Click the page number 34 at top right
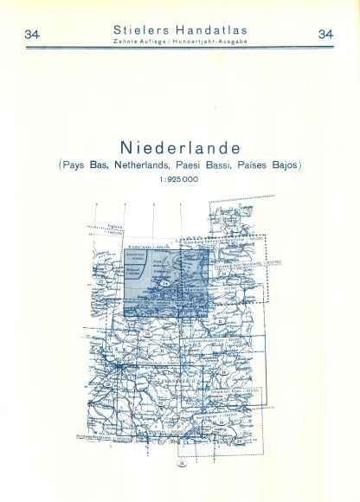click(326, 35)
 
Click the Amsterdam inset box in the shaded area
click(137, 260)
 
